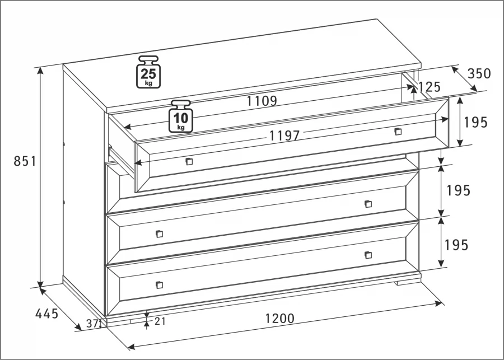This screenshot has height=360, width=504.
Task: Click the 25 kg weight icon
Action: click(148, 72)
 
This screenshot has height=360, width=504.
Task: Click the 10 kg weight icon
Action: click(181, 116)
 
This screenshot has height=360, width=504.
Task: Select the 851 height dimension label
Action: click(25, 161)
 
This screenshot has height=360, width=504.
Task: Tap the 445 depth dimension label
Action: click(46, 314)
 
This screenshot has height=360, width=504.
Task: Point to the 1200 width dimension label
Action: click(279, 319)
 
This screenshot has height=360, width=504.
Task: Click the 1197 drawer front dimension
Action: click(284, 135)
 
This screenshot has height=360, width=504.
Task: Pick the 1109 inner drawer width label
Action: click(262, 101)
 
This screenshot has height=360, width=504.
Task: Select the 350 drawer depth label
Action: click(479, 73)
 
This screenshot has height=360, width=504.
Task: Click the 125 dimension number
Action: click(429, 87)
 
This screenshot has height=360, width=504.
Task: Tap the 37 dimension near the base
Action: click(92, 324)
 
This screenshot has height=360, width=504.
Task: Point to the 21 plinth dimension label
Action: click(160, 321)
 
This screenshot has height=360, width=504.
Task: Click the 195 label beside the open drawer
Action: click(475, 123)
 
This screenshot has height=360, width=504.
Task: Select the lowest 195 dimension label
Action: click(456, 245)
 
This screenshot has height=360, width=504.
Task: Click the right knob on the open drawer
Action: click(398, 131)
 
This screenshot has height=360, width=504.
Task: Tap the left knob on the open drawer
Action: click(189, 161)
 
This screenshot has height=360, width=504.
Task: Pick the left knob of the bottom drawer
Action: click(160, 285)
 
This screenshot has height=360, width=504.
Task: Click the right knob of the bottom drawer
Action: click(368, 255)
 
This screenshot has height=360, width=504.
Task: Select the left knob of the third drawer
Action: click(160, 233)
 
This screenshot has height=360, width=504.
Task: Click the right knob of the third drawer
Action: click(368, 204)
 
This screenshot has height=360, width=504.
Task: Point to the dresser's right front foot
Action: click(408, 283)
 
